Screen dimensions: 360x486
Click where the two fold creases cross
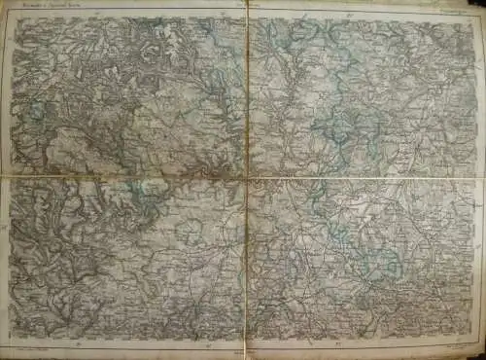click(247, 178)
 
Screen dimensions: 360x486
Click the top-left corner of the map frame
click(12, 18)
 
